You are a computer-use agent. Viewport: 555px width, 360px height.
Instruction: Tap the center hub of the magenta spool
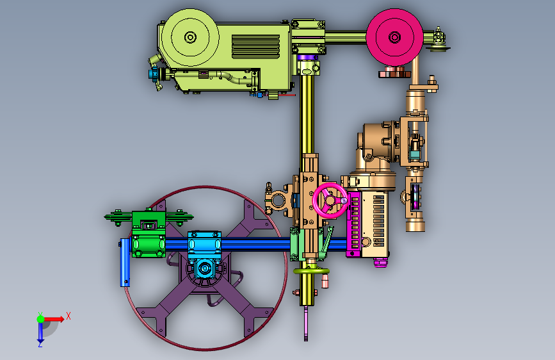point(394,37)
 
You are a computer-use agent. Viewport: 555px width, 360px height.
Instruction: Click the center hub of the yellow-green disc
point(190,37)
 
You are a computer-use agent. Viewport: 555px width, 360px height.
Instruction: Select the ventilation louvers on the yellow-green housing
point(255,46)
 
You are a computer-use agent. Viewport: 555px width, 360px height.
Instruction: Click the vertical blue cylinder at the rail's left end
point(125,262)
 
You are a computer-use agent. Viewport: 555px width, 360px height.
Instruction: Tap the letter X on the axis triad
point(68,316)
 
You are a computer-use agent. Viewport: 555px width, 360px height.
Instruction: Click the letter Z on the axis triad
point(40,345)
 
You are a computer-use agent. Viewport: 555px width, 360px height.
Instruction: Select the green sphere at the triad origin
point(41,319)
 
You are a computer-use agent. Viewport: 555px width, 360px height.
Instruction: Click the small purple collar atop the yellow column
point(307,58)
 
